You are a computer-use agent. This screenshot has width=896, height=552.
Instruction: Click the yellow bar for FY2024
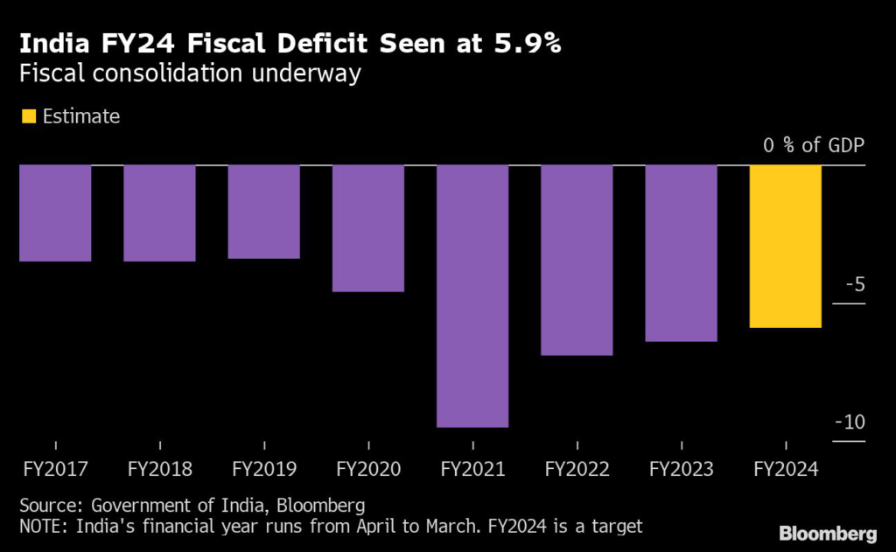(785, 246)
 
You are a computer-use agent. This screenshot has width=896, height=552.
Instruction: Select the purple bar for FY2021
(472, 296)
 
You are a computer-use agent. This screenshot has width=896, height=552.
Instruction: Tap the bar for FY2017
(55, 213)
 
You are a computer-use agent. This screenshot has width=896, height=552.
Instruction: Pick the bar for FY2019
(263, 212)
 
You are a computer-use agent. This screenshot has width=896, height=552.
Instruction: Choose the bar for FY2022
(577, 260)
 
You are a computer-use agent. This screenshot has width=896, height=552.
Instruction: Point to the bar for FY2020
(368, 227)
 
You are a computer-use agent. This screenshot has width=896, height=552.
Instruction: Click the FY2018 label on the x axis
(159, 469)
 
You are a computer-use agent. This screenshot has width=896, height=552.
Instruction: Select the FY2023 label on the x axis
(681, 469)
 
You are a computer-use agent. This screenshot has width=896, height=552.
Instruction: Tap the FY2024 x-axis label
(785, 469)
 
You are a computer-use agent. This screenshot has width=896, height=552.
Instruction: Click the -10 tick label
(849, 423)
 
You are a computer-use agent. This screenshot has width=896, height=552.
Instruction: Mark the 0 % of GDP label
(813, 145)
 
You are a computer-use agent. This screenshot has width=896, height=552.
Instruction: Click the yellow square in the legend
(27, 115)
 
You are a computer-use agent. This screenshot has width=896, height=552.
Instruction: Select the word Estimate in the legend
(81, 115)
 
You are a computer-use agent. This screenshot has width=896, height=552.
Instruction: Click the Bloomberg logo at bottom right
(827, 532)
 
